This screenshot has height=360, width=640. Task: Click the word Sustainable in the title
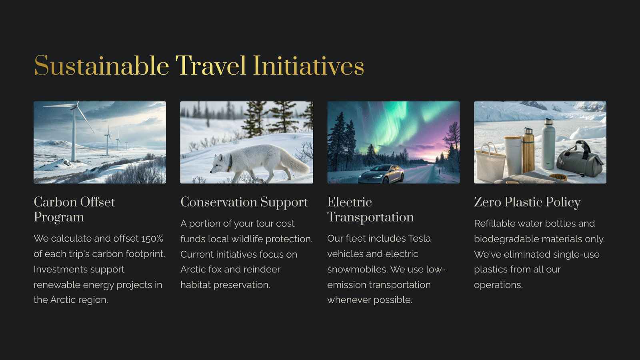point(102,66)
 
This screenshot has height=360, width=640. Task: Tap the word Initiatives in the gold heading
point(308,66)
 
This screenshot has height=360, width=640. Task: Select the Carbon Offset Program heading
point(74,210)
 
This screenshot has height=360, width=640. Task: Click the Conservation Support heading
point(244,202)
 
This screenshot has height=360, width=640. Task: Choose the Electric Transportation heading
point(370,210)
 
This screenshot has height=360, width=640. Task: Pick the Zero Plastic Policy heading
point(527,202)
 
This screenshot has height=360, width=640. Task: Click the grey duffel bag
point(580,160)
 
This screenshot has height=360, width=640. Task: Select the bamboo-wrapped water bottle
point(528,150)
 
